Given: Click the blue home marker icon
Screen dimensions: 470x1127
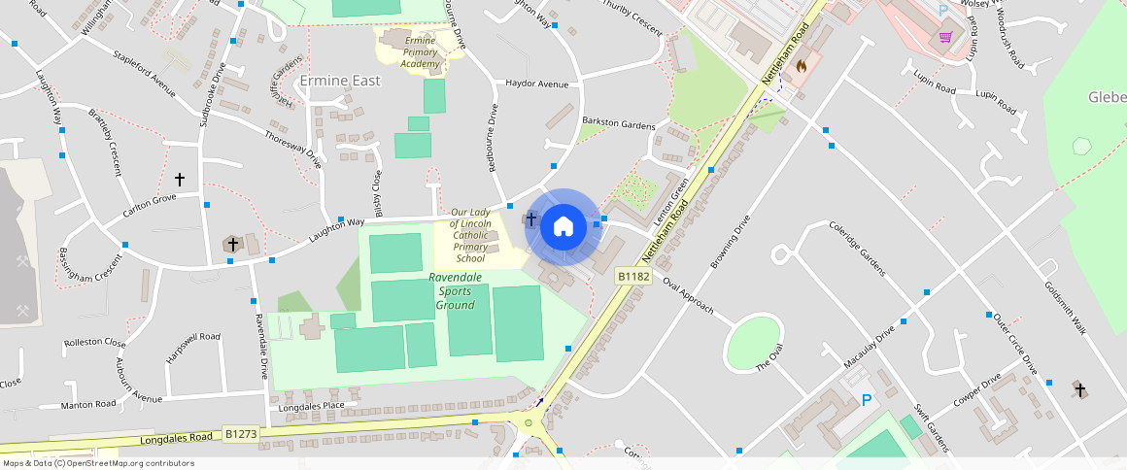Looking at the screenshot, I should pyautogui.click(x=563, y=226).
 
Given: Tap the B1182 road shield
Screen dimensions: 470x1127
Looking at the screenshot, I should pyautogui.click(x=633, y=277).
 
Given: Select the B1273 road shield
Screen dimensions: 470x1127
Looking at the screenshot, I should pyautogui.click(x=241, y=434).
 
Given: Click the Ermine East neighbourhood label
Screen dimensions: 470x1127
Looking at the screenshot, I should pyautogui.click(x=340, y=81).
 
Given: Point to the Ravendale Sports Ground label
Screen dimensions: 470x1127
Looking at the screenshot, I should pyautogui.click(x=455, y=291).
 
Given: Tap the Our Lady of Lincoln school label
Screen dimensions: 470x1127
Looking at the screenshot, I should pyautogui.click(x=471, y=235).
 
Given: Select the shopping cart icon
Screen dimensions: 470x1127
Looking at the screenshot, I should pyautogui.click(x=945, y=37).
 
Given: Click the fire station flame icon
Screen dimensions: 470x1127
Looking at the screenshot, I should pyautogui.click(x=801, y=66).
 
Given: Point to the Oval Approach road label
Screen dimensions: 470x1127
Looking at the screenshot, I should pyautogui.click(x=688, y=295).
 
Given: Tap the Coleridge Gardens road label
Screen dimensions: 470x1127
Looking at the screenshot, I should pyautogui.click(x=858, y=249).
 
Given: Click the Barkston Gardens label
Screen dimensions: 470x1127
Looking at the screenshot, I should pyautogui.click(x=618, y=122).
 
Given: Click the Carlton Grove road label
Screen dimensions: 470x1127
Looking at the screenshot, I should pyautogui.click(x=150, y=205).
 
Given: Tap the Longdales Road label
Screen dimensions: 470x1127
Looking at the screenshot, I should pyautogui.click(x=176, y=439).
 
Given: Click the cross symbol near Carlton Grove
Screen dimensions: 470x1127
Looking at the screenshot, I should pyautogui.click(x=179, y=180).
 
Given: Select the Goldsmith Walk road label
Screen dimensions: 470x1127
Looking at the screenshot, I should pyautogui.click(x=1066, y=309).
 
